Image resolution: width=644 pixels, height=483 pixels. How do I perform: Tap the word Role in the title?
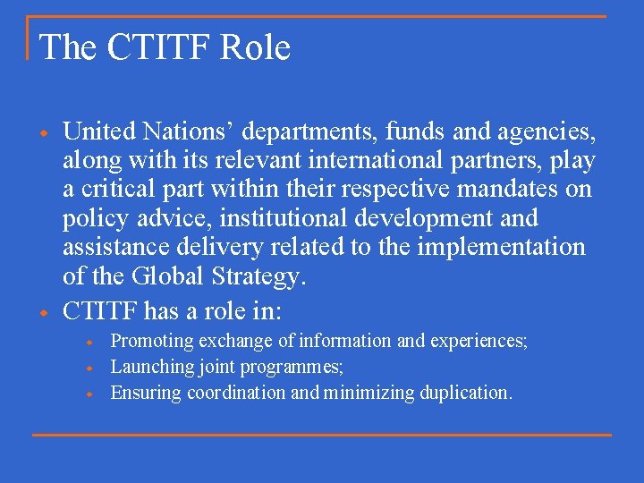[x=257, y=47]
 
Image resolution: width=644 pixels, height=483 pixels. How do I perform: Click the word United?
[x=96, y=132]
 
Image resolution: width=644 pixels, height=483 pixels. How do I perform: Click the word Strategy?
[x=258, y=276]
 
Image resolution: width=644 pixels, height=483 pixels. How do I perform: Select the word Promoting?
[x=152, y=341]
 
